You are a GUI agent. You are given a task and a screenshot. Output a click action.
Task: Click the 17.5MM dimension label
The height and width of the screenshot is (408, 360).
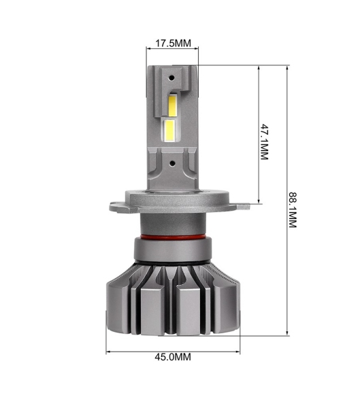(x=174, y=43)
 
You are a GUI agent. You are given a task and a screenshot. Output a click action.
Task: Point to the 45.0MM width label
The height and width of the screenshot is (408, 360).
(x=174, y=356)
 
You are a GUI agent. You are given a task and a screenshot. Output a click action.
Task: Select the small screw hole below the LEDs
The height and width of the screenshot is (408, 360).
(x=173, y=163)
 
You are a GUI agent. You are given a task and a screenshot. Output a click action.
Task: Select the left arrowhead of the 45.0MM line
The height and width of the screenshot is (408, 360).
(x=109, y=352)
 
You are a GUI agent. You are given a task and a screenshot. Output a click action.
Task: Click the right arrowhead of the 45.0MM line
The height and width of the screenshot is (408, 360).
(x=240, y=352)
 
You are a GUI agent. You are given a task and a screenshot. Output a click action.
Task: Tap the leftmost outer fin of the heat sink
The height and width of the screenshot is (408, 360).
(x=116, y=299)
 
